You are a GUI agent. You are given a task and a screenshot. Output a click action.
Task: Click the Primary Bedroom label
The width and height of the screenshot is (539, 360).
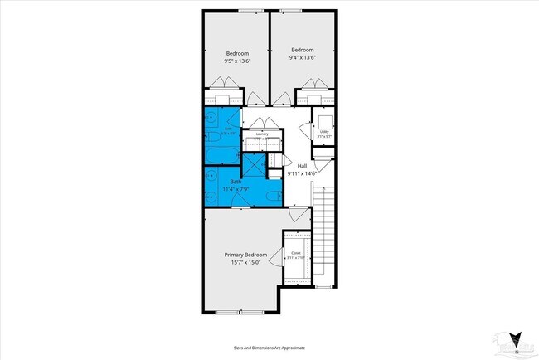coord(245,255)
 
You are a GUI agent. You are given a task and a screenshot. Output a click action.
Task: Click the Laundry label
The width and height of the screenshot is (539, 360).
coord(261,134)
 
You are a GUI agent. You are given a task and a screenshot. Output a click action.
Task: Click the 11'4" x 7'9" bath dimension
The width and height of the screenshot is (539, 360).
coord(236,189)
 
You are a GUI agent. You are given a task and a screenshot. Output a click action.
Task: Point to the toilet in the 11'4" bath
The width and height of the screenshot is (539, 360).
coord(274,197)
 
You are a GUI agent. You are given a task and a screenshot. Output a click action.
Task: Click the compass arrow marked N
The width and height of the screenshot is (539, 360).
coord(516,340)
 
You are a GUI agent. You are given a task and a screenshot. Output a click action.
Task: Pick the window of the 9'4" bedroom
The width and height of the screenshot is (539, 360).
coord(291,11)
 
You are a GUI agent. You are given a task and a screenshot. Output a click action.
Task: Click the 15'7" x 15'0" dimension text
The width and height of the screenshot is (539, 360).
coord(245,263)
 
